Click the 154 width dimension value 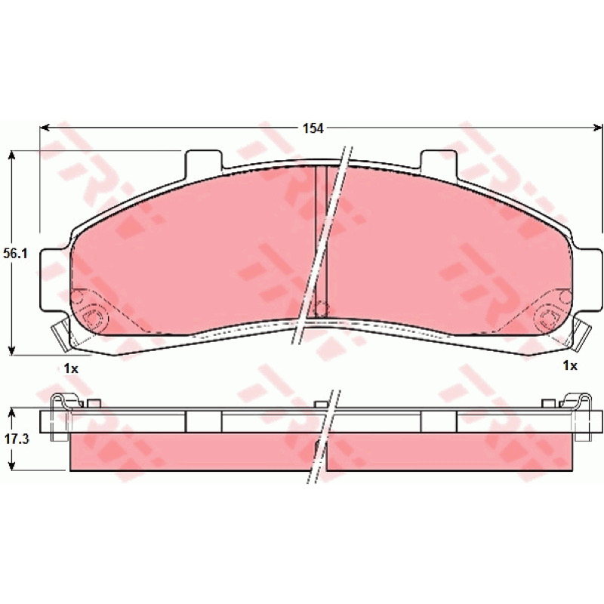tap(313, 128)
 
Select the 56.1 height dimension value tap(15, 254)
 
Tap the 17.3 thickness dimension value tap(17, 439)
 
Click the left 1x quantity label tap(71, 368)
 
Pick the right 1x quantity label tap(570, 365)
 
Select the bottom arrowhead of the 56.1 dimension tap(12, 350)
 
